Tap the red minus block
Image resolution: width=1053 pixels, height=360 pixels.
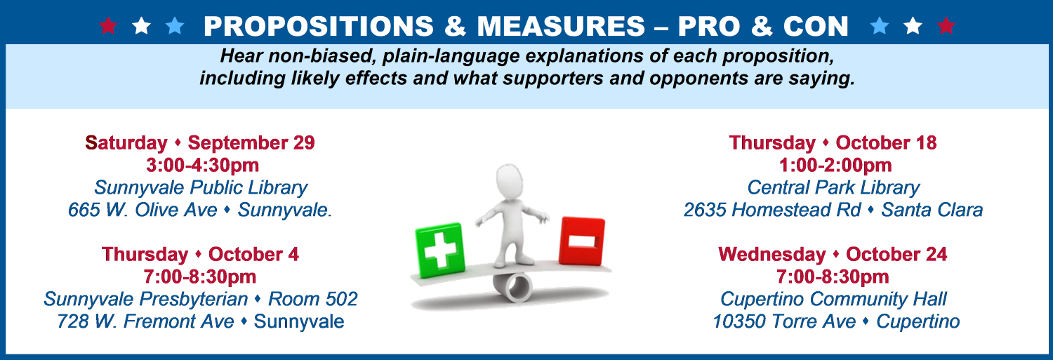tap(582, 241)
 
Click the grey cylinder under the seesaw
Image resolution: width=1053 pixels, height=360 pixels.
tap(512, 286)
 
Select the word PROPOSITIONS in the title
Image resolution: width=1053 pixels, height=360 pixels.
tap(319, 27)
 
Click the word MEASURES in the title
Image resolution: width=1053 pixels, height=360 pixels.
tap(561, 27)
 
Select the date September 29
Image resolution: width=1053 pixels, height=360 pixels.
tap(251, 143)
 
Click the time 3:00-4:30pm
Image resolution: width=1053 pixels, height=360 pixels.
tap(203, 165)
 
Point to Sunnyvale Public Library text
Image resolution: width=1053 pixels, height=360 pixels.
tap(201, 187)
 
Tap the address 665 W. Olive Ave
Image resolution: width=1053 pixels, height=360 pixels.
tap(143, 210)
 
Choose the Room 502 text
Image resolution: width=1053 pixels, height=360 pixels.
tap(313, 299)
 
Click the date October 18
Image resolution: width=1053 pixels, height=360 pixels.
tap(886, 143)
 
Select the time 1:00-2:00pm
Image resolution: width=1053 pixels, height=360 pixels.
tap(835, 165)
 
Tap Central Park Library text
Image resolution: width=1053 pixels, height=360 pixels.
tap(833, 187)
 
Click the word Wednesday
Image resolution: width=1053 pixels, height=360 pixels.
tap(772, 254)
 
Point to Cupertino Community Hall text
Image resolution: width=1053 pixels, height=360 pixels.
tap(833, 299)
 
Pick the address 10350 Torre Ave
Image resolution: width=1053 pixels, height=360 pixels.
tap(784, 321)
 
